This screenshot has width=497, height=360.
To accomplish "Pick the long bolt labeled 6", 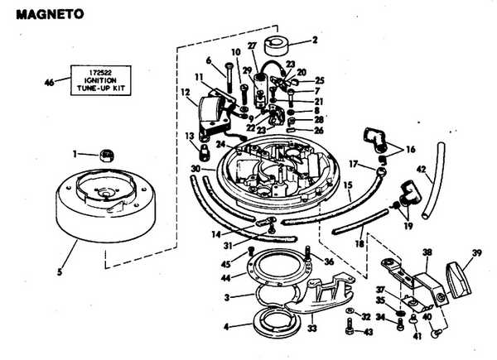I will point(226,80).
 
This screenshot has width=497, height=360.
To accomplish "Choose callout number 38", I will point(427,251).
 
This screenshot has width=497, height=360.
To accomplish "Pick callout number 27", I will point(252,47).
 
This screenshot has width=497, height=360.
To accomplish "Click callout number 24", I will point(221,143).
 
